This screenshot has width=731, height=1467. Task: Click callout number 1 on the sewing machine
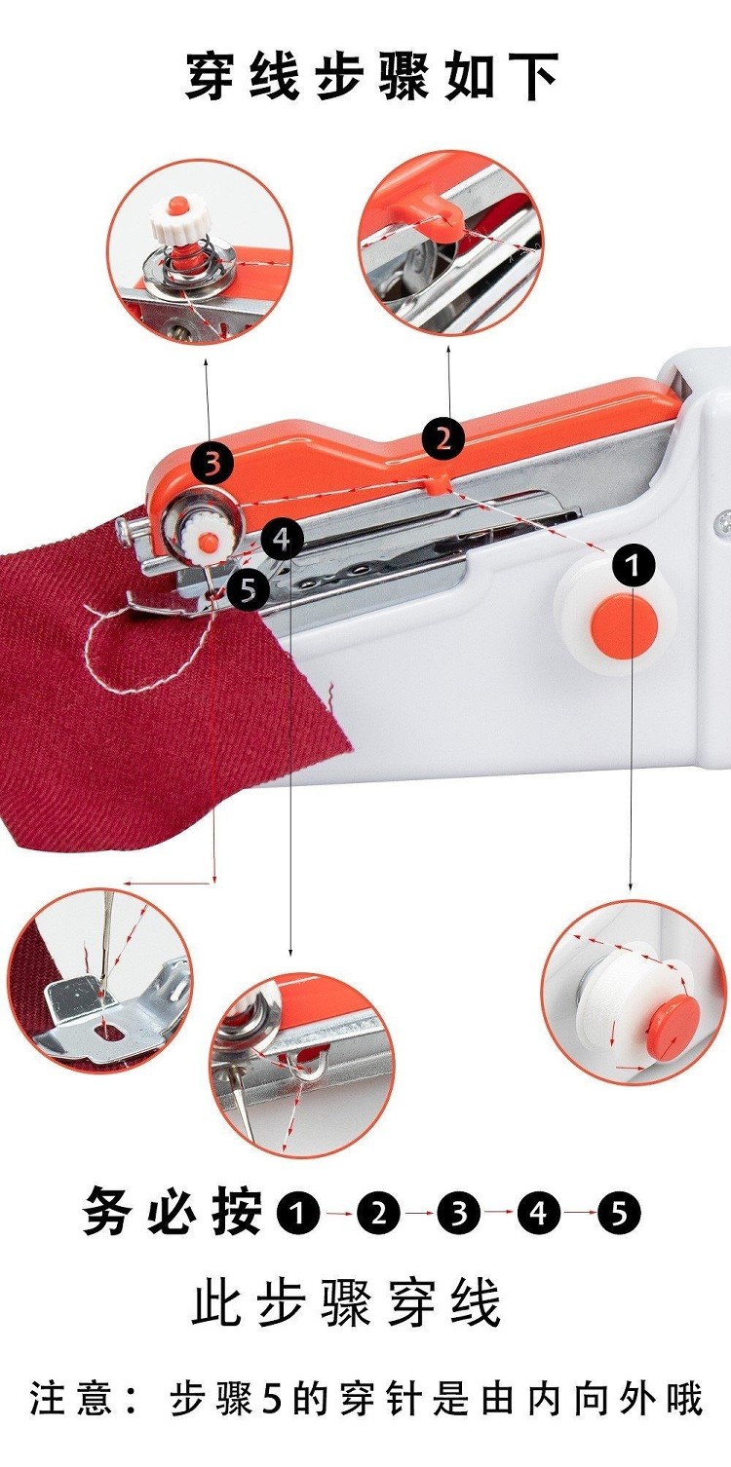click(x=634, y=565)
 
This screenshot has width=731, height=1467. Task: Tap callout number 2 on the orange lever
click(x=442, y=438)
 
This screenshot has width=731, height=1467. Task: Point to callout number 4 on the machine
click(x=283, y=540)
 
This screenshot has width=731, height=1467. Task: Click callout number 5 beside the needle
click(x=248, y=589)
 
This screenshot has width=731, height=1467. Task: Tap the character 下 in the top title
click(x=534, y=76)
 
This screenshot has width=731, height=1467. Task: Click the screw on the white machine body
click(x=723, y=522)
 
